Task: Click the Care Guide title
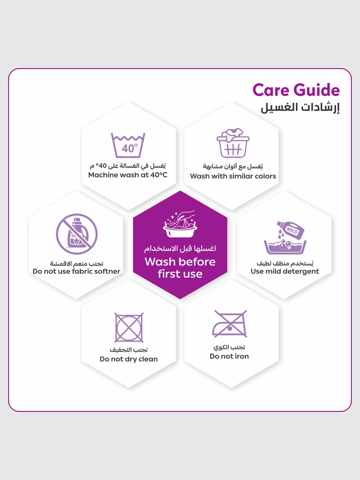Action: [x=296, y=90]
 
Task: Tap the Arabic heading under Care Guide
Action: [x=300, y=108]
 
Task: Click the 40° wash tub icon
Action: [x=128, y=145]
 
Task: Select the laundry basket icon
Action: [x=233, y=143]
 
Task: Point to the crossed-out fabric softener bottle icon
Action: [x=76, y=234]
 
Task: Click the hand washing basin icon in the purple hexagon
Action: [x=180, y=224]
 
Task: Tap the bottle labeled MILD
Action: [x=290, y=229]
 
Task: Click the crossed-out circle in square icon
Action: [x=129, y=327]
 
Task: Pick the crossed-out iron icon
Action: [x=230, y=324]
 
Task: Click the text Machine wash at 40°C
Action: [x=128, y=175]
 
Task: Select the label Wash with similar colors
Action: [x=233, y=176]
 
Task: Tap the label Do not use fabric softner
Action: [x=76, y=271]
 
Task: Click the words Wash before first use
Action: [x=180, y=268]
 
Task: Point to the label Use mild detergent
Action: [x=285, y=271]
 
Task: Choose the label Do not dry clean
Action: [x=128, y=359]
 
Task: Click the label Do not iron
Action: [x=229, y=356]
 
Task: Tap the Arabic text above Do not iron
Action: [x=229, y=347]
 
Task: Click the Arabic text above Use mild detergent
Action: [x=285, y=263]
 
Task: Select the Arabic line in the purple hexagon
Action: [x=180, y=249]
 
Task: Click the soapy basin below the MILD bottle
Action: [x=285, y=247]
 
